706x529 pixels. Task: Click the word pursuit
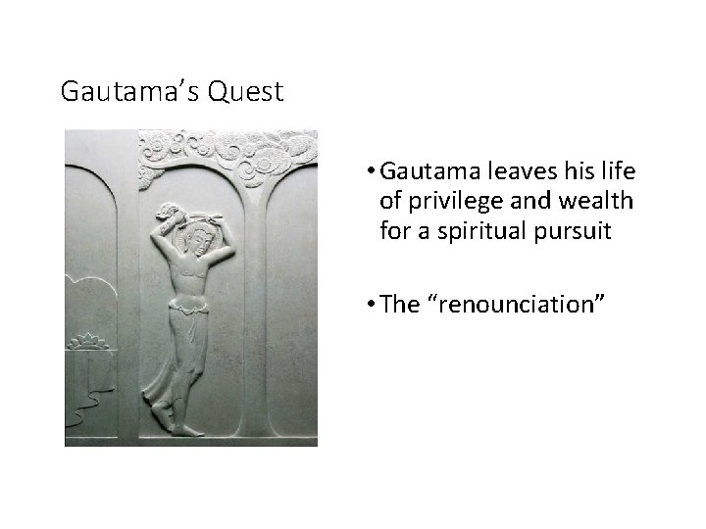580,232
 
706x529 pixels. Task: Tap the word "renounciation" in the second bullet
520,304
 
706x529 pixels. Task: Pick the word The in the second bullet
398,304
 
